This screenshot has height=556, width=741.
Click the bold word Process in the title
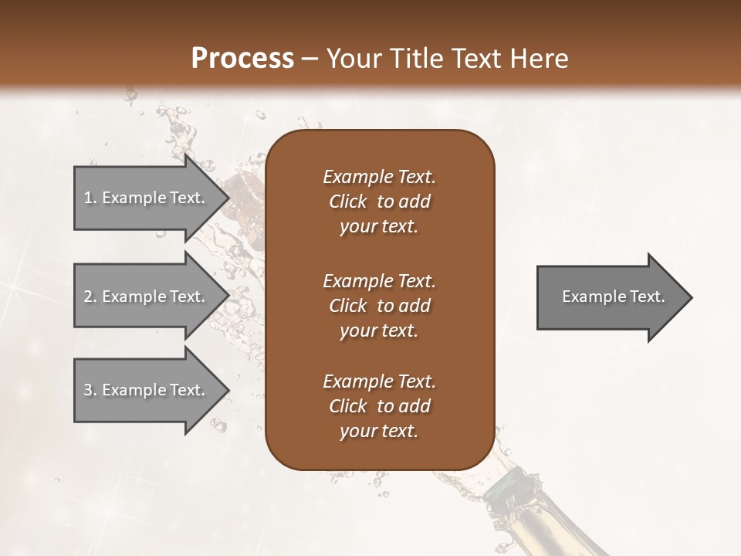(242, 59)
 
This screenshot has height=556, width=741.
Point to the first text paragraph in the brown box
(379, 202)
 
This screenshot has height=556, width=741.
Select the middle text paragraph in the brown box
(379, 306)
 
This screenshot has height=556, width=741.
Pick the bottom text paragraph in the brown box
(379, 406)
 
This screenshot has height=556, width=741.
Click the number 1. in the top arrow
(90, 198)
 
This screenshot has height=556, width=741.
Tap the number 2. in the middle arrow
(90, 297)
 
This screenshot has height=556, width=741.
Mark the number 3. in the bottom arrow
(90, 390)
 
